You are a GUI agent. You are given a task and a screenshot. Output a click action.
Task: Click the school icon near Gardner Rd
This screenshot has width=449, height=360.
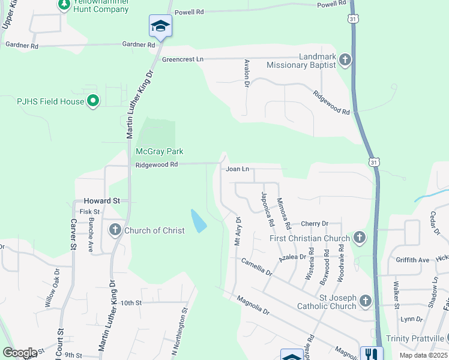(160, 26)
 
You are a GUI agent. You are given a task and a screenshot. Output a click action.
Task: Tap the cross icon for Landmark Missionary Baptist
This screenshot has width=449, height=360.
(345, 59)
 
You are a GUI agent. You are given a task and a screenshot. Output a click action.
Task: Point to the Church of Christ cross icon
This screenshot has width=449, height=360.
(115, 230)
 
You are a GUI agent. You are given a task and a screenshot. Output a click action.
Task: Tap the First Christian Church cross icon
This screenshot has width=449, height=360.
(359, 238)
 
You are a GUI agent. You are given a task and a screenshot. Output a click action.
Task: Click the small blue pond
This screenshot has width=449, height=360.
(197, 221)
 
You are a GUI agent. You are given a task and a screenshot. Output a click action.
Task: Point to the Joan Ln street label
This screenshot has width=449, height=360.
(237, 169)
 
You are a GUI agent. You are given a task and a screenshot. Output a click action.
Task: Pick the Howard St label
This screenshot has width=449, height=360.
(102, 200)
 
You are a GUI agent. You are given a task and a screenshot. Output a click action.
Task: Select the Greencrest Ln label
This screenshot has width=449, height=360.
(183, 59)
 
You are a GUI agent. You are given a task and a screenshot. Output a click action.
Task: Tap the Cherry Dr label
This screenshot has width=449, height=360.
(315, 223)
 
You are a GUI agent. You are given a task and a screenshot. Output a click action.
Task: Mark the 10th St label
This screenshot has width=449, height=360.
(130, 303)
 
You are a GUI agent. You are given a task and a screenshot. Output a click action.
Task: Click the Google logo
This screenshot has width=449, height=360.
(20, 353)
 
